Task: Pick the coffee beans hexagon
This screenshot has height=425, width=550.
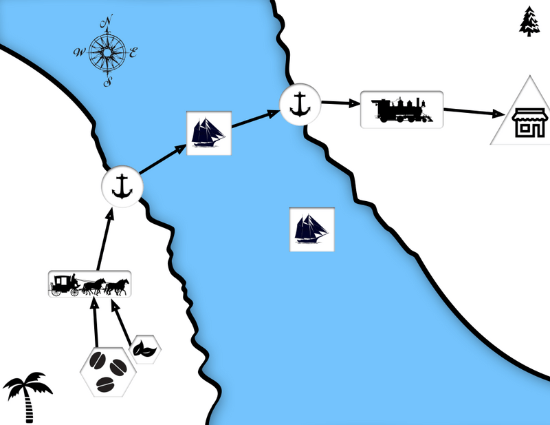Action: point(104,371)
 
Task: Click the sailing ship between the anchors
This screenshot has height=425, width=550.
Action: point(209,133)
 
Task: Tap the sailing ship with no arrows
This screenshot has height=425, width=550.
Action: point(311,229)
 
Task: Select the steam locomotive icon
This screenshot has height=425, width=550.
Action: point(401,110)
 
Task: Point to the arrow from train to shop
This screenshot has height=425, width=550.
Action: point(474,111)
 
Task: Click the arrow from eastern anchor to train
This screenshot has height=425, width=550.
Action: point(340,103)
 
